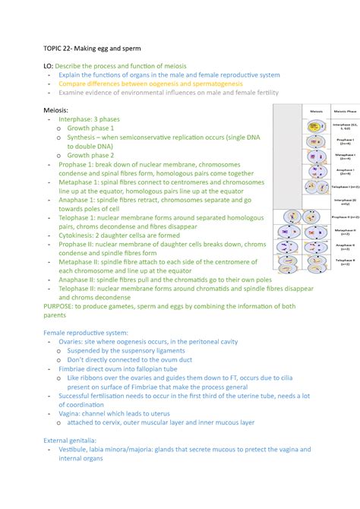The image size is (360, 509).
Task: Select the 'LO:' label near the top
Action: (x=50, y=66)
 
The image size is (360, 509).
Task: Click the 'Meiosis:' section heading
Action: (x=62, y=110)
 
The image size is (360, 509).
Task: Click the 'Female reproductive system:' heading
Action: (x=92, y=311)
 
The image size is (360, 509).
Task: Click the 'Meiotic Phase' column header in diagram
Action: (x=342, y=111)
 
